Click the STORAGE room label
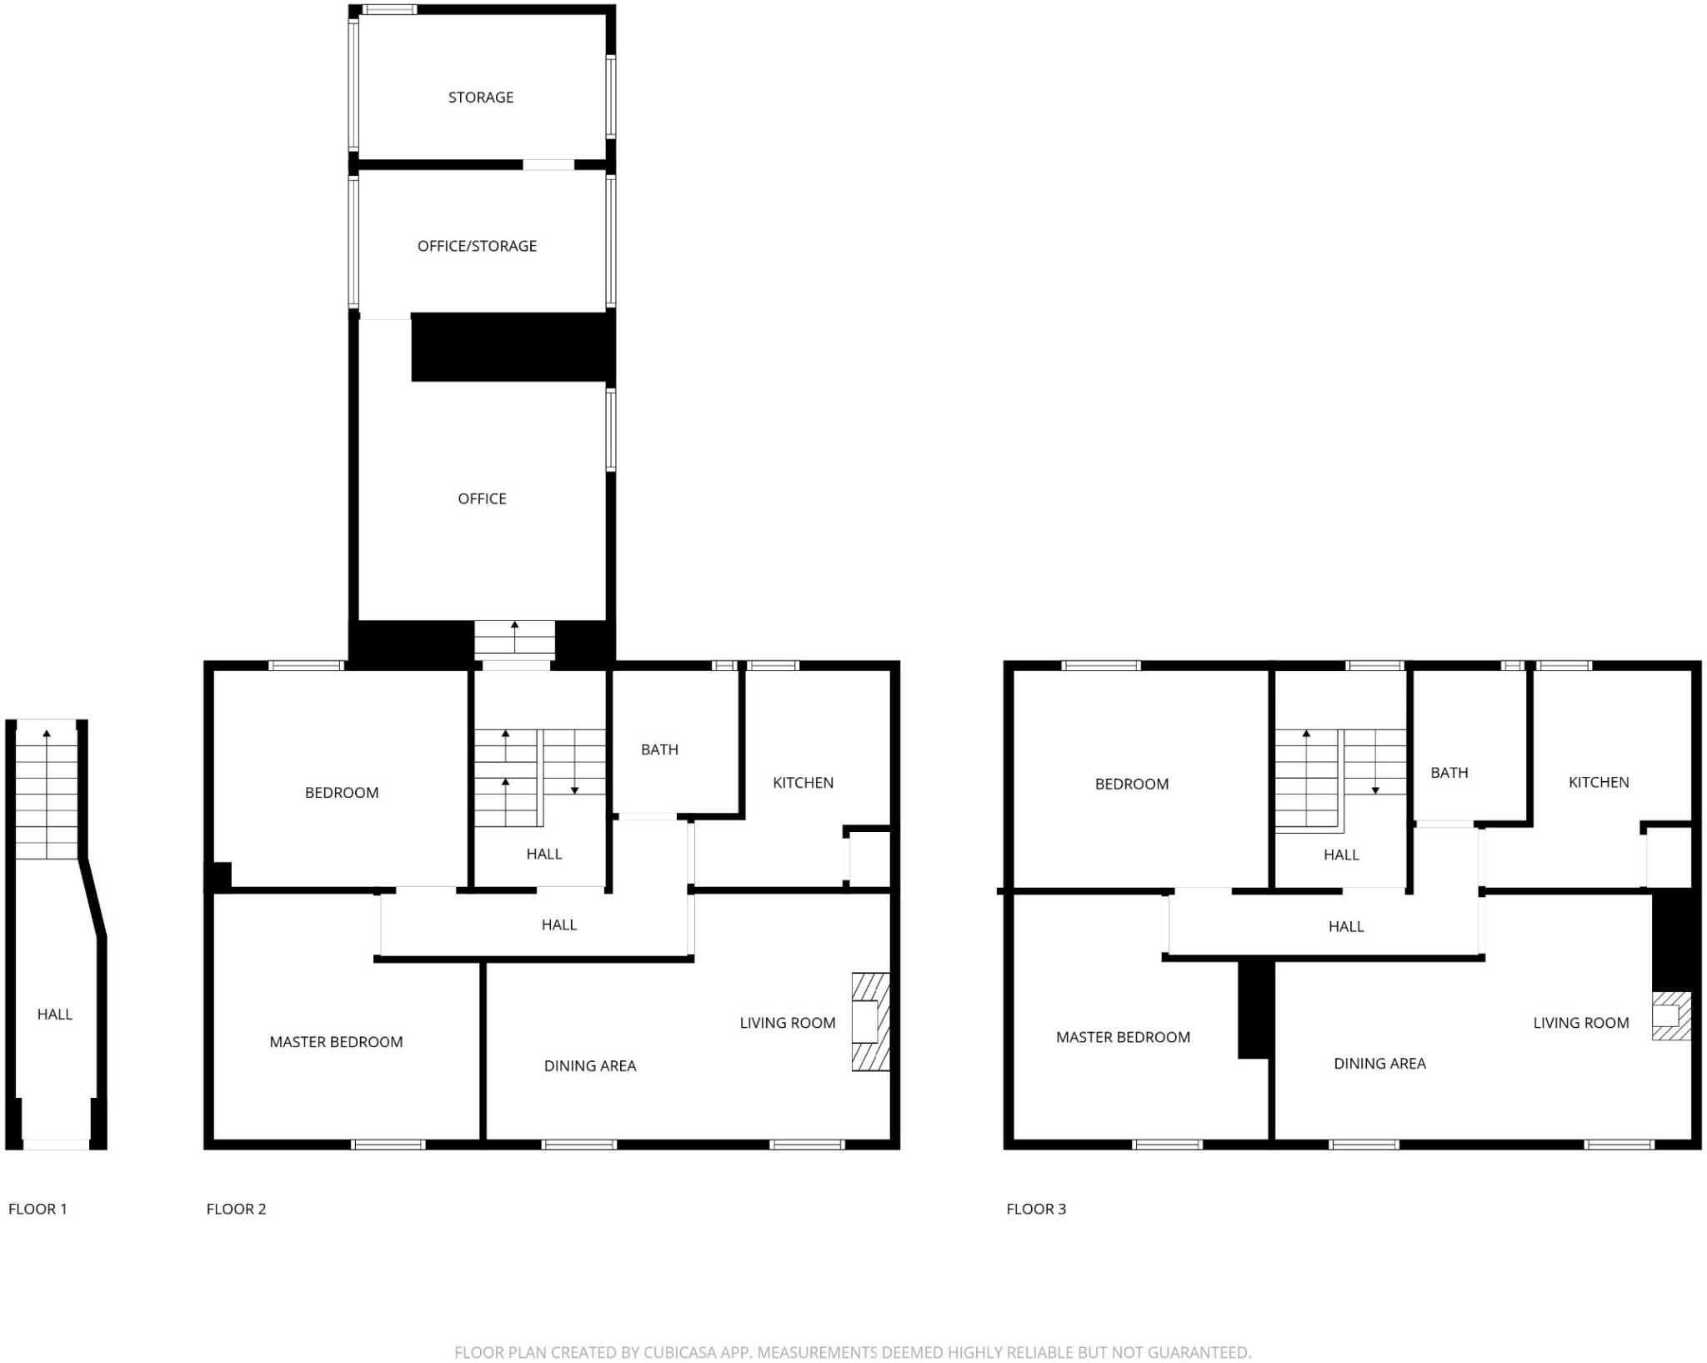click(481, 98)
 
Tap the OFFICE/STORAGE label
click(477, 246)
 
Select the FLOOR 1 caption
click(38, 1209)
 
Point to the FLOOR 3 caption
click(1036, 1209)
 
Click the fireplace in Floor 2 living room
click(870, 1021)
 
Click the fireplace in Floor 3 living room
click(1671, 1015)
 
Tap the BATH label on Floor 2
click(659, 749)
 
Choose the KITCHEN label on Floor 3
click(1598, 782)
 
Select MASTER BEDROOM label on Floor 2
click(336, 1041)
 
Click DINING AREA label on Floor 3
click(1379, 1063)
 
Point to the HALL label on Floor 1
click(55, 1014)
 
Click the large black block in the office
click(513, 347)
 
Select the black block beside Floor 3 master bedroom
click(1254, 1009)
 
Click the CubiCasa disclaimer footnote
click(853, 1352)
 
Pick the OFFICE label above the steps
click(482, 499)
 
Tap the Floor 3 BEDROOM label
click(1131, 784)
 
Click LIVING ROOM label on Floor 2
click(788, 1023)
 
